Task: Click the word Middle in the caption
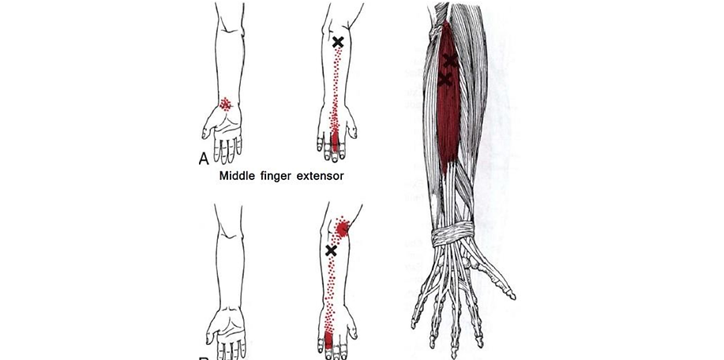click(x=240, y=176)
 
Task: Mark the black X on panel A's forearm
click(x=338, y=42)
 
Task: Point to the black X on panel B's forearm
click(x=332, y=250)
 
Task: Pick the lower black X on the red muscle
click(x=445, y=80)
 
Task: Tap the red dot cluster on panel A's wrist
click(x=226, y=103)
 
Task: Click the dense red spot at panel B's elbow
click(x=342, y=228)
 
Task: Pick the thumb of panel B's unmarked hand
click(x=211, y=325)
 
